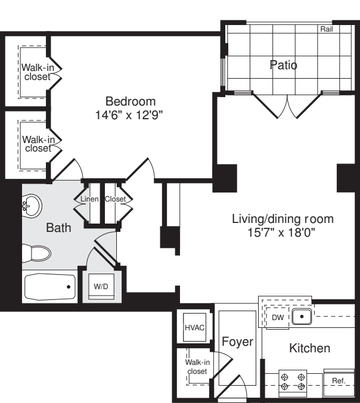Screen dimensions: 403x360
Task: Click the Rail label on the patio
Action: tap(327, 29)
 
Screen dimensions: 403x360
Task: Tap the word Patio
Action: tap(284, 65)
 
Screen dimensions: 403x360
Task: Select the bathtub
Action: tap(50, 287)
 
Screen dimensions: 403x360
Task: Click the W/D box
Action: tap(101, 287)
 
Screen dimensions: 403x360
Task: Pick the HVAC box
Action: tap(194, 327)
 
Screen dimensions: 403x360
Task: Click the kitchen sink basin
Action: tap(302, 317)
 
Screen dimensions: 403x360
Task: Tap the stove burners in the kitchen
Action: tap(293, 382)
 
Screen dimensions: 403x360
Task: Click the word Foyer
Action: tap(237, 342)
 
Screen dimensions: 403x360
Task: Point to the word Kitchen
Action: tap(309, 348)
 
